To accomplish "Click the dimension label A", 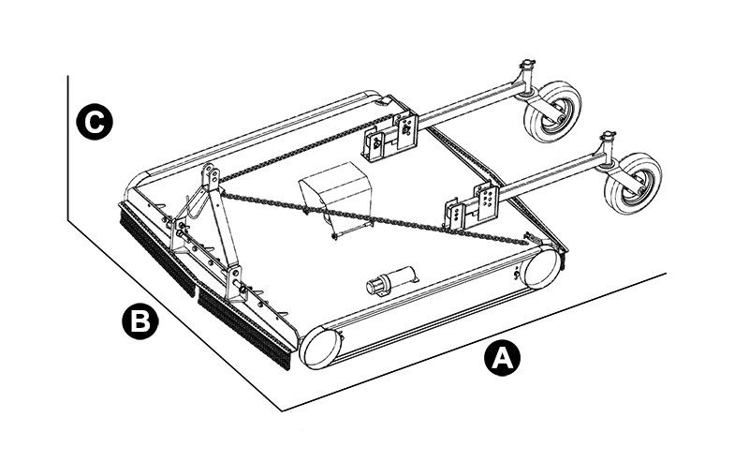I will (x=503, y=359).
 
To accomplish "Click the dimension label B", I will (x=140, y=321).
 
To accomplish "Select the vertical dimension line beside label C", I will (x=69, y=150).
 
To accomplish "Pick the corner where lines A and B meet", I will (x=282, y=409).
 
